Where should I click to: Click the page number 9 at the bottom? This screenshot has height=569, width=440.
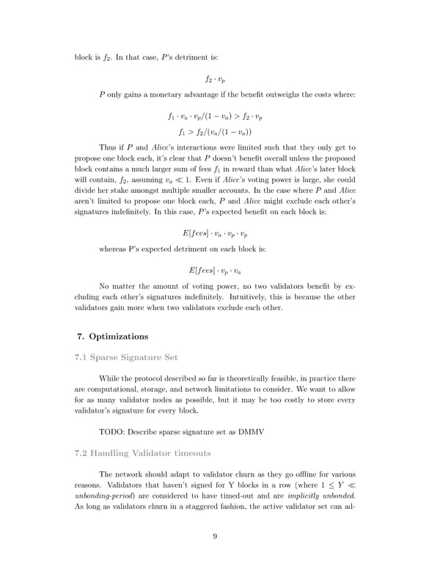pyautogui.click(x=215, y=536)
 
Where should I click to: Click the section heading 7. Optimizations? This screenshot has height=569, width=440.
pyautogui.click(x=112, y=337)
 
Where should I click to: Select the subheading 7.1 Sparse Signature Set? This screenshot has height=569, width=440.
pyautogui.click(x=127, y=358)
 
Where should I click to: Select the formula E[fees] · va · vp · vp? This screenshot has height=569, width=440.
pyautogui.click(x=214, y=232)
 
